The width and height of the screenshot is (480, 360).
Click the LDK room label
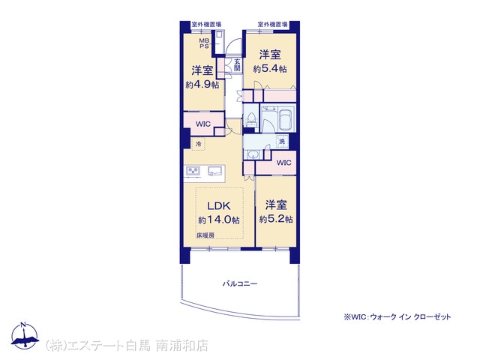point(219,205)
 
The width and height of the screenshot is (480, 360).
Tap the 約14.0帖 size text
point(219,220)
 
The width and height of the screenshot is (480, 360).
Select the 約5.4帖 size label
point(270,68)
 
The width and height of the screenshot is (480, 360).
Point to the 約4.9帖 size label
point(202,85)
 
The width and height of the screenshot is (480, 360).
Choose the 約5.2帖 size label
point(276,219)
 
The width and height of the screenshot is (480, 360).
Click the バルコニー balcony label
point(240,283)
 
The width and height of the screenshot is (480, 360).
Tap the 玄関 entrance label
point(237,64)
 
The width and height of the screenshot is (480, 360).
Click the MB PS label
point(204,43)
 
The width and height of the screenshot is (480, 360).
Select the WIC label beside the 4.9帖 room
point(203,124)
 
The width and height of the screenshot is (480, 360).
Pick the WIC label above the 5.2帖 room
point(283,163)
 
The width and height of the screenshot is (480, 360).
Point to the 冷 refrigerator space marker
point(198,143)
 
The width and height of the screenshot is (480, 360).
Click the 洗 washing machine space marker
point(282,141)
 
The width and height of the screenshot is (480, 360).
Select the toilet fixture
point(252,120)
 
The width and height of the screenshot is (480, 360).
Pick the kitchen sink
point(214,171)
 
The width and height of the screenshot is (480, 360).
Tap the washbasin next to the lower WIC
point(253,154)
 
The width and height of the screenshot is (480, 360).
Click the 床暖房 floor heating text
point(205,235)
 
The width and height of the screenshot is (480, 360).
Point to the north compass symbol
point(24,335)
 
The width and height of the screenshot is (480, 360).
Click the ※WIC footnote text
point(397,316)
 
